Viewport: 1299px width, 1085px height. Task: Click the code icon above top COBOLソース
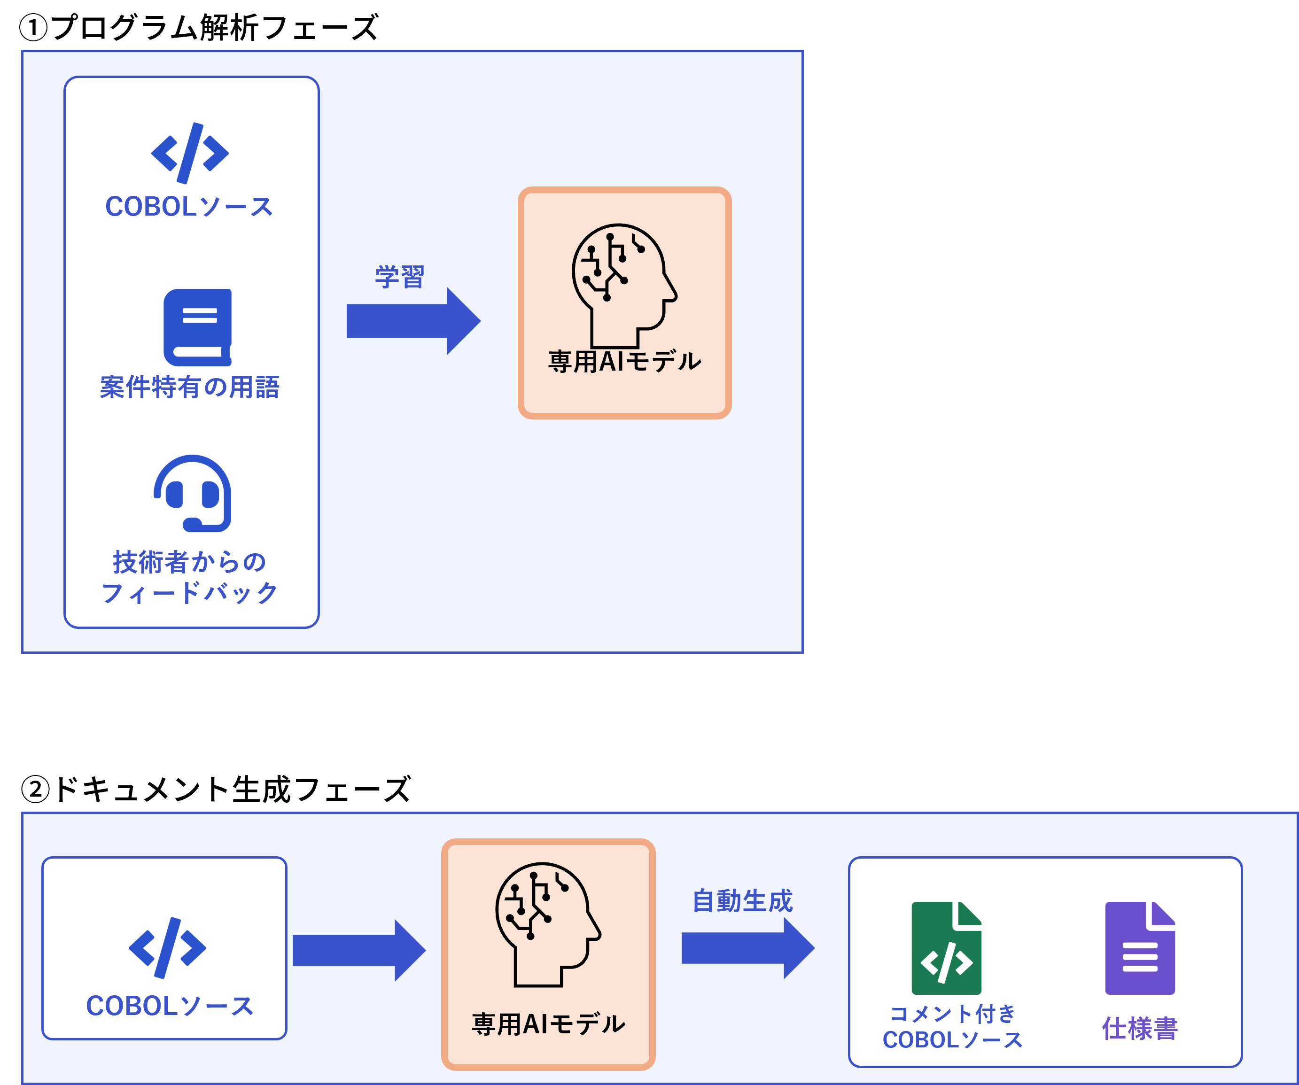[190, 153]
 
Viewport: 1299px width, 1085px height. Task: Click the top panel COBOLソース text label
[189, 207]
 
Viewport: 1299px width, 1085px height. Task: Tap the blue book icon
[197, 327]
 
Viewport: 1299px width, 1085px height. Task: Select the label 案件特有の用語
[189, 387]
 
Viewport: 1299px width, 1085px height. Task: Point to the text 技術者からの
[189, 562]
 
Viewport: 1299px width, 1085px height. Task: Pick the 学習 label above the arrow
[400, 277]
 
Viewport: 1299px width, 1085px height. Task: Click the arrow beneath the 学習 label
[413, 321]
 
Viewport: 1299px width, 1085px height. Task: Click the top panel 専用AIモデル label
[624, 361]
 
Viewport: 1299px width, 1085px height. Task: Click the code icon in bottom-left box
[167, 948]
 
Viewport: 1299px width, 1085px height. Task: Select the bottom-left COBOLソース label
[170, 1006]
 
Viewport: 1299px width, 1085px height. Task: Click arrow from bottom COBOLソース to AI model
[359, 950]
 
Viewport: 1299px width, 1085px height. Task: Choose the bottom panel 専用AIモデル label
[548, 1024]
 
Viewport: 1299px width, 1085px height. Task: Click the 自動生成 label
[742, 901]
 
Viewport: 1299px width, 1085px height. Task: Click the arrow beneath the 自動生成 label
[747, 948]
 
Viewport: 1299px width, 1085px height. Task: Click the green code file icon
[946, 948]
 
